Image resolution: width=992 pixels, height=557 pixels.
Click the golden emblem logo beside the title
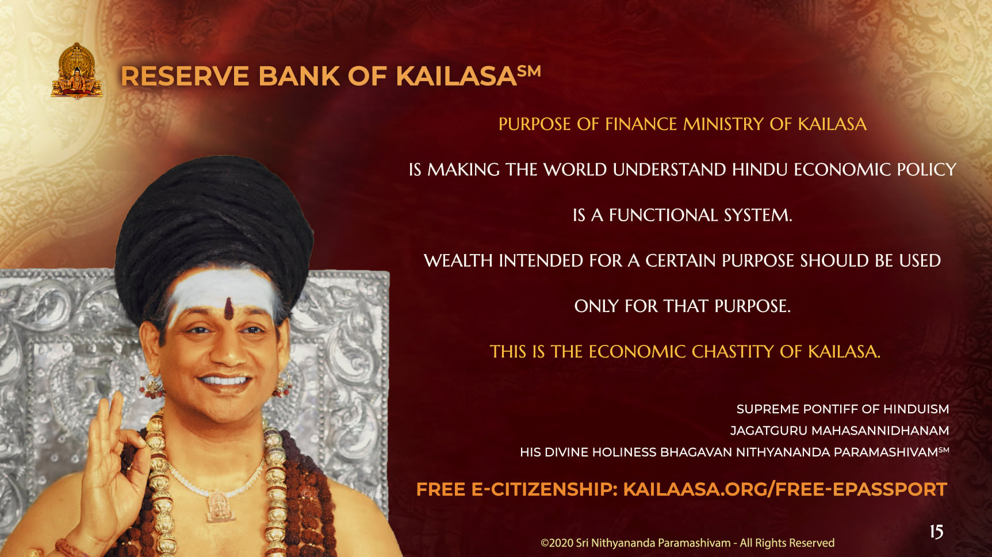[x=76, y=71]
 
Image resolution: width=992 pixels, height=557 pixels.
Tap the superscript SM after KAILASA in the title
[x=528, y=71]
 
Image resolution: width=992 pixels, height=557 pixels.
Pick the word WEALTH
[x=458, y=260]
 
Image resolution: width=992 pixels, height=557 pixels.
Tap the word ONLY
[x=596, y=306]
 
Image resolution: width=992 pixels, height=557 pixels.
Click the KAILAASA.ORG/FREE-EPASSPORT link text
[x=785, y=489]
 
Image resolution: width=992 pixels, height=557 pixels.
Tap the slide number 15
[x=936, y=532]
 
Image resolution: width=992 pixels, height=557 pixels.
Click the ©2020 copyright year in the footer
[x=557, y=543]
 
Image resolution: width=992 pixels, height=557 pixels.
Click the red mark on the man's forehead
[x=229, y=309]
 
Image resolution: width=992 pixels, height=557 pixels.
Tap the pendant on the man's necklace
[x=219, y=506]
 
